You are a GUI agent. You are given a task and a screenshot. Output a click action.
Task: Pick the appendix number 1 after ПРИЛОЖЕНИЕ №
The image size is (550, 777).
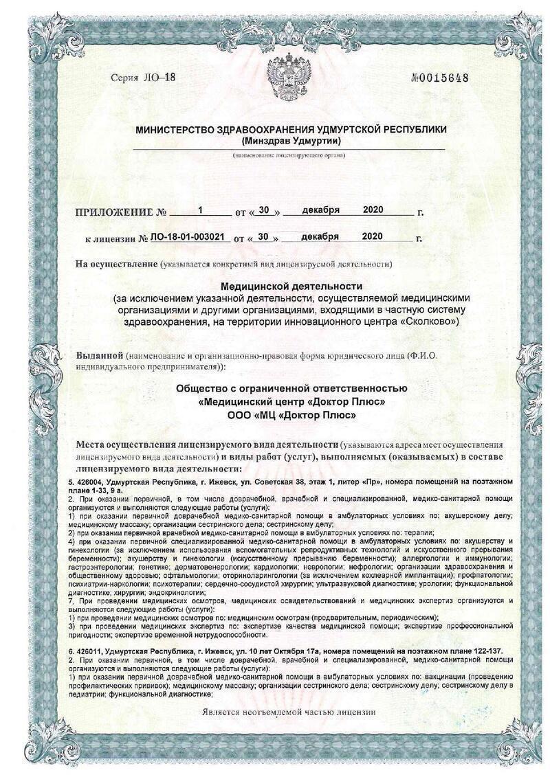(200, 210)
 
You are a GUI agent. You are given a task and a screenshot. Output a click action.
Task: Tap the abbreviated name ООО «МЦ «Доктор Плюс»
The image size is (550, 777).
(291, 415)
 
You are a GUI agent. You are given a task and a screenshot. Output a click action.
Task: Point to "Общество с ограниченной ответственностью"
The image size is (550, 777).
(291, 389)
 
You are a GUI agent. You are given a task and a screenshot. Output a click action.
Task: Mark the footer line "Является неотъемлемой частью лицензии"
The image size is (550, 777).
(289, 712)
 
